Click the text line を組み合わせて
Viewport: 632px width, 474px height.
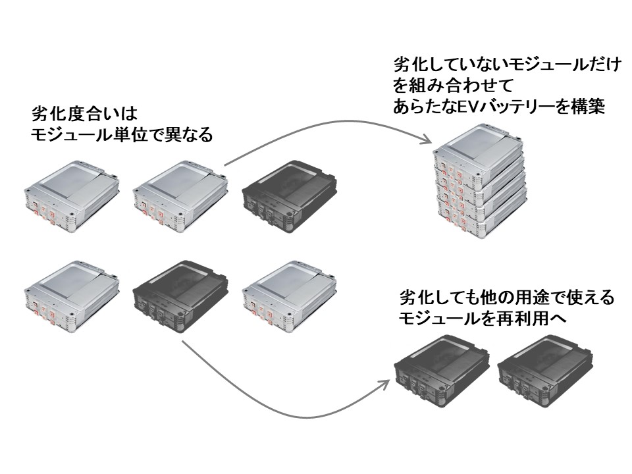tap(445, 86)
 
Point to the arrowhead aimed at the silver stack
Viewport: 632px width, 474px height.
tap(427, 140)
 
